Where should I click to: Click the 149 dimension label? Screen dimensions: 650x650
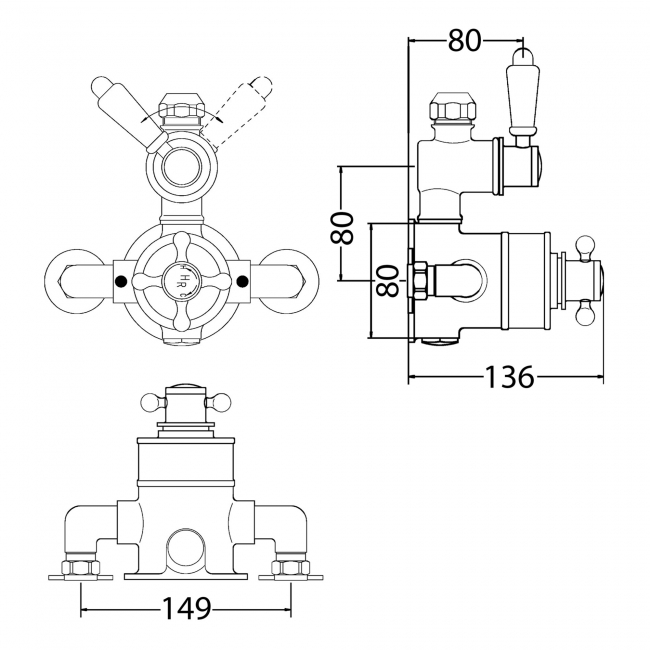click(185, 607)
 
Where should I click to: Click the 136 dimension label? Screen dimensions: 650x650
click(508, 377)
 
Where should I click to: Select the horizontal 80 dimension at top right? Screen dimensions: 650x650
click(465, 40)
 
